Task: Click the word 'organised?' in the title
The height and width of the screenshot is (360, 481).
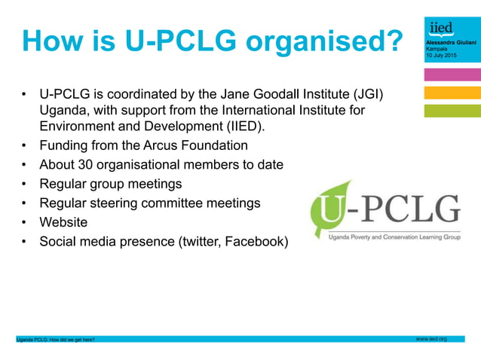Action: click(x=320, y=42)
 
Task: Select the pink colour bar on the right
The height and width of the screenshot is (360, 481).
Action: click(x=452, y=75)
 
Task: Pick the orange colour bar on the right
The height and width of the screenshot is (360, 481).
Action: click(x=452, y=93)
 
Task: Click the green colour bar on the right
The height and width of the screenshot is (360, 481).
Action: click(x=452, y=111)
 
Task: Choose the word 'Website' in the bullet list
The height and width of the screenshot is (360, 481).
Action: click(x=63, y=222)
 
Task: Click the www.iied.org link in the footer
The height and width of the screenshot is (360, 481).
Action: click(x=432, y=339)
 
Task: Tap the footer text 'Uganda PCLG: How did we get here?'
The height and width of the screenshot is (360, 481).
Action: click(x=56, y=340)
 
